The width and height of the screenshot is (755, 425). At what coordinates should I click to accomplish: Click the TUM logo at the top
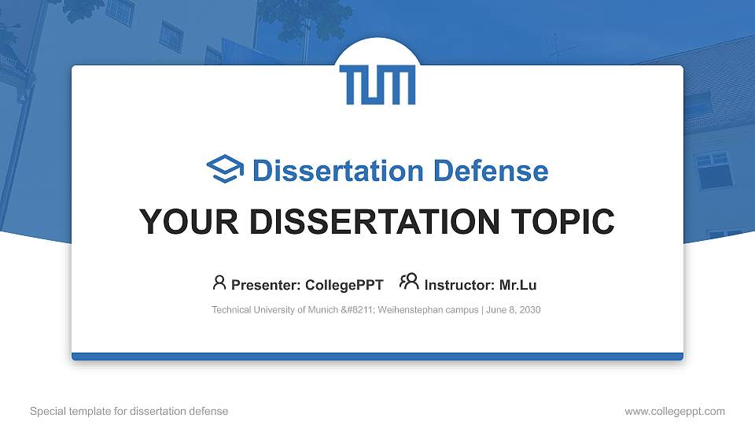(x=377, y=85)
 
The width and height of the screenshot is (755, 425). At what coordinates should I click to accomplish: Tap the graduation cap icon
(x=225, y=170)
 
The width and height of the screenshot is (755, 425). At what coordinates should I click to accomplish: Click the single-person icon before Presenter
(x=219, y=283)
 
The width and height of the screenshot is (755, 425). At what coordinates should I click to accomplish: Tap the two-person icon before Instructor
(x=409, y=283)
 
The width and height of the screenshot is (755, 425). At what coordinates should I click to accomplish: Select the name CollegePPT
(x=344, y=285)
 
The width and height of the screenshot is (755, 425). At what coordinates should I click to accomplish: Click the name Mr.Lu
(x=517, y=285)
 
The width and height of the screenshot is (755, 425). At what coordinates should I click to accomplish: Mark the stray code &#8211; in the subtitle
(x=358, y=310)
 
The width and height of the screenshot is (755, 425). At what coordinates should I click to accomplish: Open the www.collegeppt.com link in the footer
(x=674, y=411)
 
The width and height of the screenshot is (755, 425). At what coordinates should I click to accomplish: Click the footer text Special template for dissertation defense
(x=128, y=411)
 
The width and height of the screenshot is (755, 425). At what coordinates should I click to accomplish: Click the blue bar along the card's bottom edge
(x=377, y=357)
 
